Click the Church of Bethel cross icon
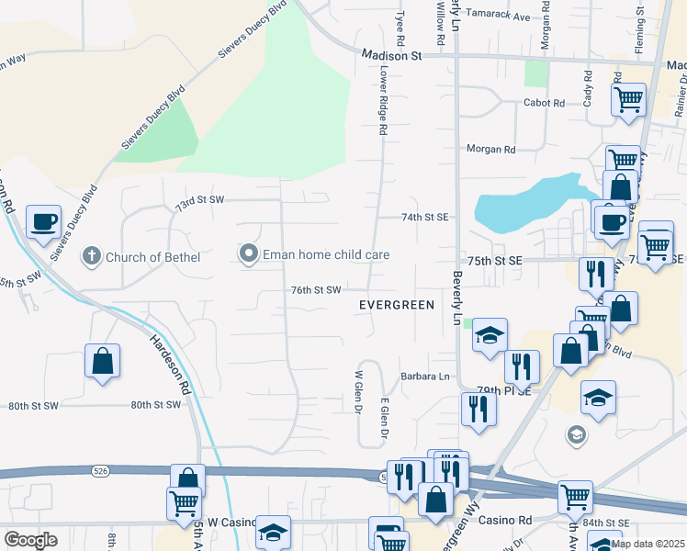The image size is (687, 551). (91, 256)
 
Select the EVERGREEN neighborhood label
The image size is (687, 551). (396, 304)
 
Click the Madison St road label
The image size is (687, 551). (390, 55)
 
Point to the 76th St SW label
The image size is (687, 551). (316, 289)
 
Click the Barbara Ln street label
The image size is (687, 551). (425, 377)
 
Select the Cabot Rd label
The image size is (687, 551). (544, 103)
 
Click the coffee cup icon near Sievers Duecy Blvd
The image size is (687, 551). (43, 221)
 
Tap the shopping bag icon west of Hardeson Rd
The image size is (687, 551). (102, 360)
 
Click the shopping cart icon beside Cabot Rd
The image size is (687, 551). (628, 98)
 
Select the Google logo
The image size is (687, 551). (30, 540)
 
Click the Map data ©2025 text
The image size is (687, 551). (648, 544)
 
